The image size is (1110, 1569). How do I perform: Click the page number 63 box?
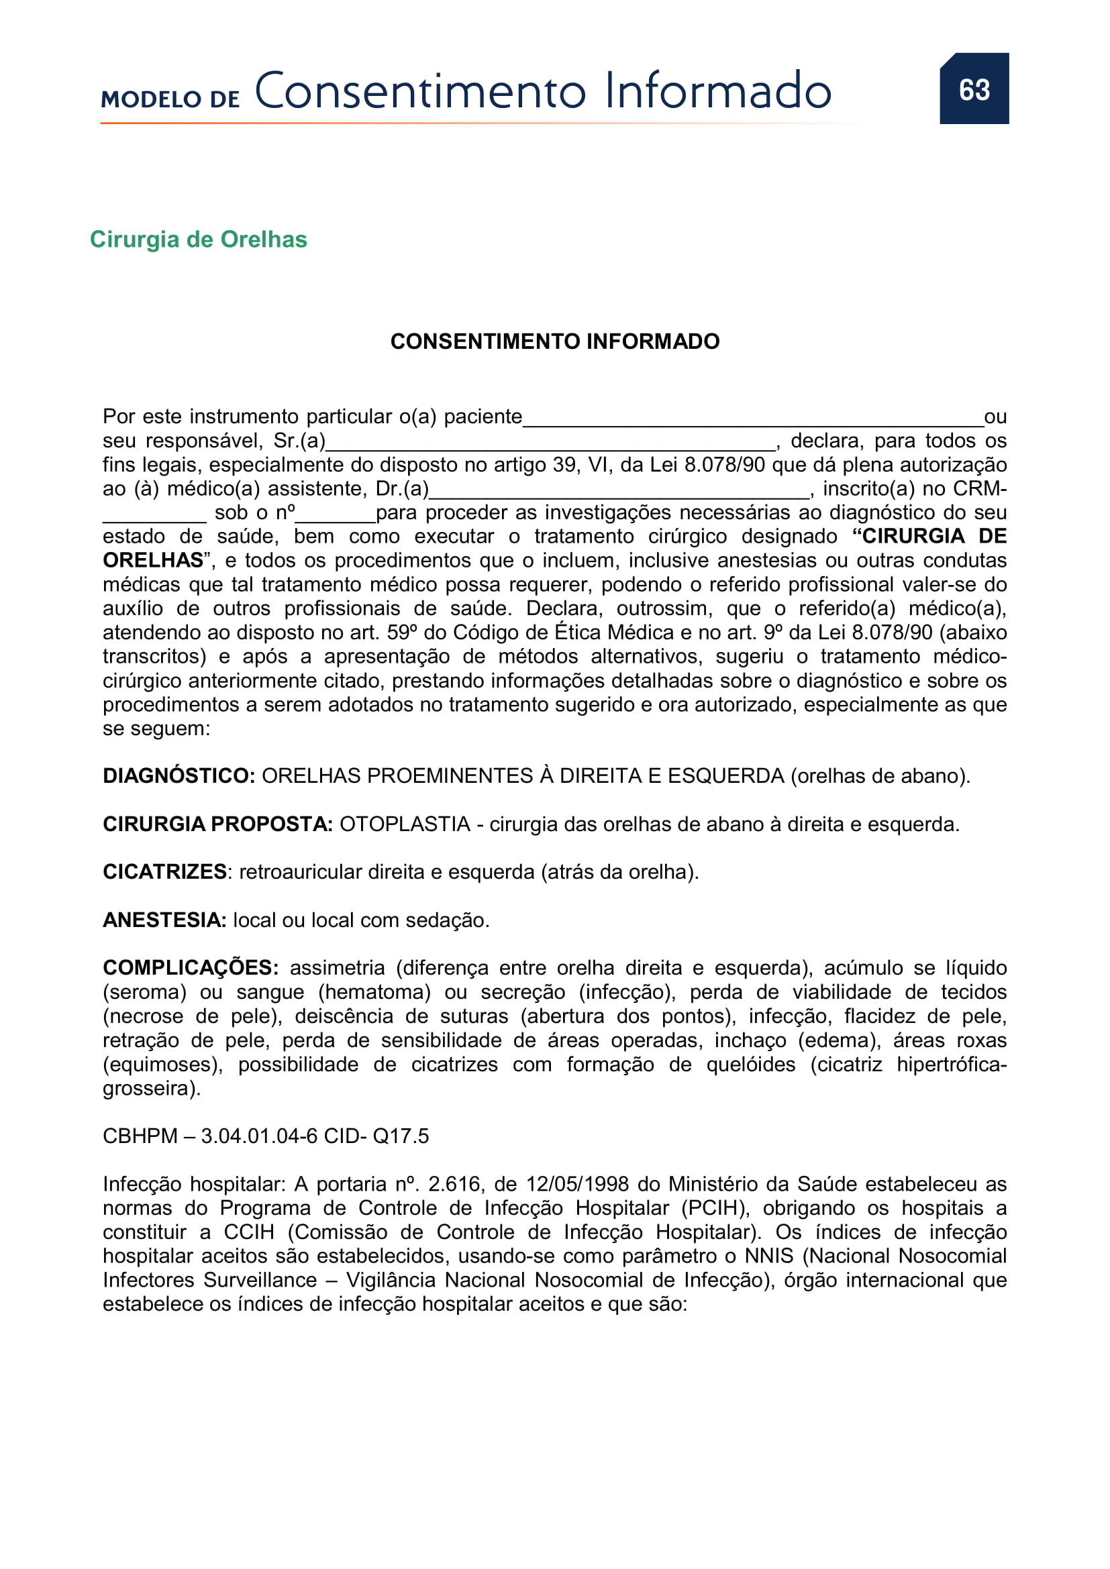click(973, 89)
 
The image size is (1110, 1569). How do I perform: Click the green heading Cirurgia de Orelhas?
click(198, 239)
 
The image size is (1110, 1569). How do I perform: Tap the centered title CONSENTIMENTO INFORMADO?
click(554, 341)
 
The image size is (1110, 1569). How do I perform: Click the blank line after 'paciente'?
click(752, 419)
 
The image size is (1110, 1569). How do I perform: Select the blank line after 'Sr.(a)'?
click(550, 443)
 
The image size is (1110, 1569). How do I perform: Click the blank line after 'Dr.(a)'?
click(619, 490)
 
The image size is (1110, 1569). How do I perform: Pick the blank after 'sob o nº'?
click(336, 515)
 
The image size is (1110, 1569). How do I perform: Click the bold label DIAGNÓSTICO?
click(179, 775)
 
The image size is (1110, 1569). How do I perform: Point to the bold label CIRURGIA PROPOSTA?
click(217, 824)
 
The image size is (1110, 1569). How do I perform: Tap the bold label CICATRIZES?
click(164, 872)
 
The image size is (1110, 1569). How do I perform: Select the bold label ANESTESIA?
click(164, 920)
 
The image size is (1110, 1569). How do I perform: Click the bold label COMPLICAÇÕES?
click(190, 968)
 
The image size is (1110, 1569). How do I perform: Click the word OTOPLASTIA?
click(405, 824)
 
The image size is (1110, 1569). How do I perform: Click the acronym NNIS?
click(769, 1255)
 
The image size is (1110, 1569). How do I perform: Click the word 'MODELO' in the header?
click(151, 99)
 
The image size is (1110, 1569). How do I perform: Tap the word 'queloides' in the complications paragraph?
click(750, 1064)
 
